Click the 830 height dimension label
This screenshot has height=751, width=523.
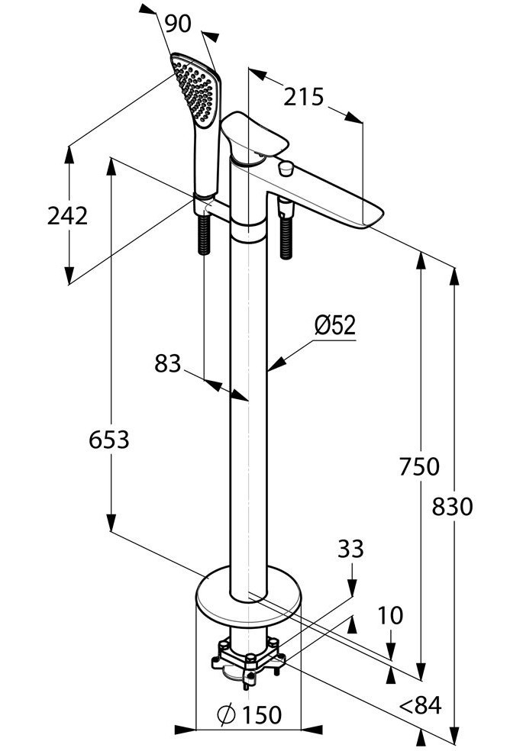[x=452, y=507]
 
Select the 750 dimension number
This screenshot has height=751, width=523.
[x=419, y=467]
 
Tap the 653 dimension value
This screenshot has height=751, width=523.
[x=109, y=439]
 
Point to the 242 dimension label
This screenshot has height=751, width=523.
[x=67, y=215]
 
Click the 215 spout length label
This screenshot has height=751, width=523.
[x=304, y=97]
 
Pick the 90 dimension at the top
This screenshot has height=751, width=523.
[x=178, y=24]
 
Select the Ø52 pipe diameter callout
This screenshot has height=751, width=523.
[x=335, y=326]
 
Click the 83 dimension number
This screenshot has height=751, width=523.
[x=168, y=363]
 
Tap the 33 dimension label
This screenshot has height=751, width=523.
[x=350, y=549]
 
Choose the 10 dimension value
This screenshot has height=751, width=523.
[x=390, y=615]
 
